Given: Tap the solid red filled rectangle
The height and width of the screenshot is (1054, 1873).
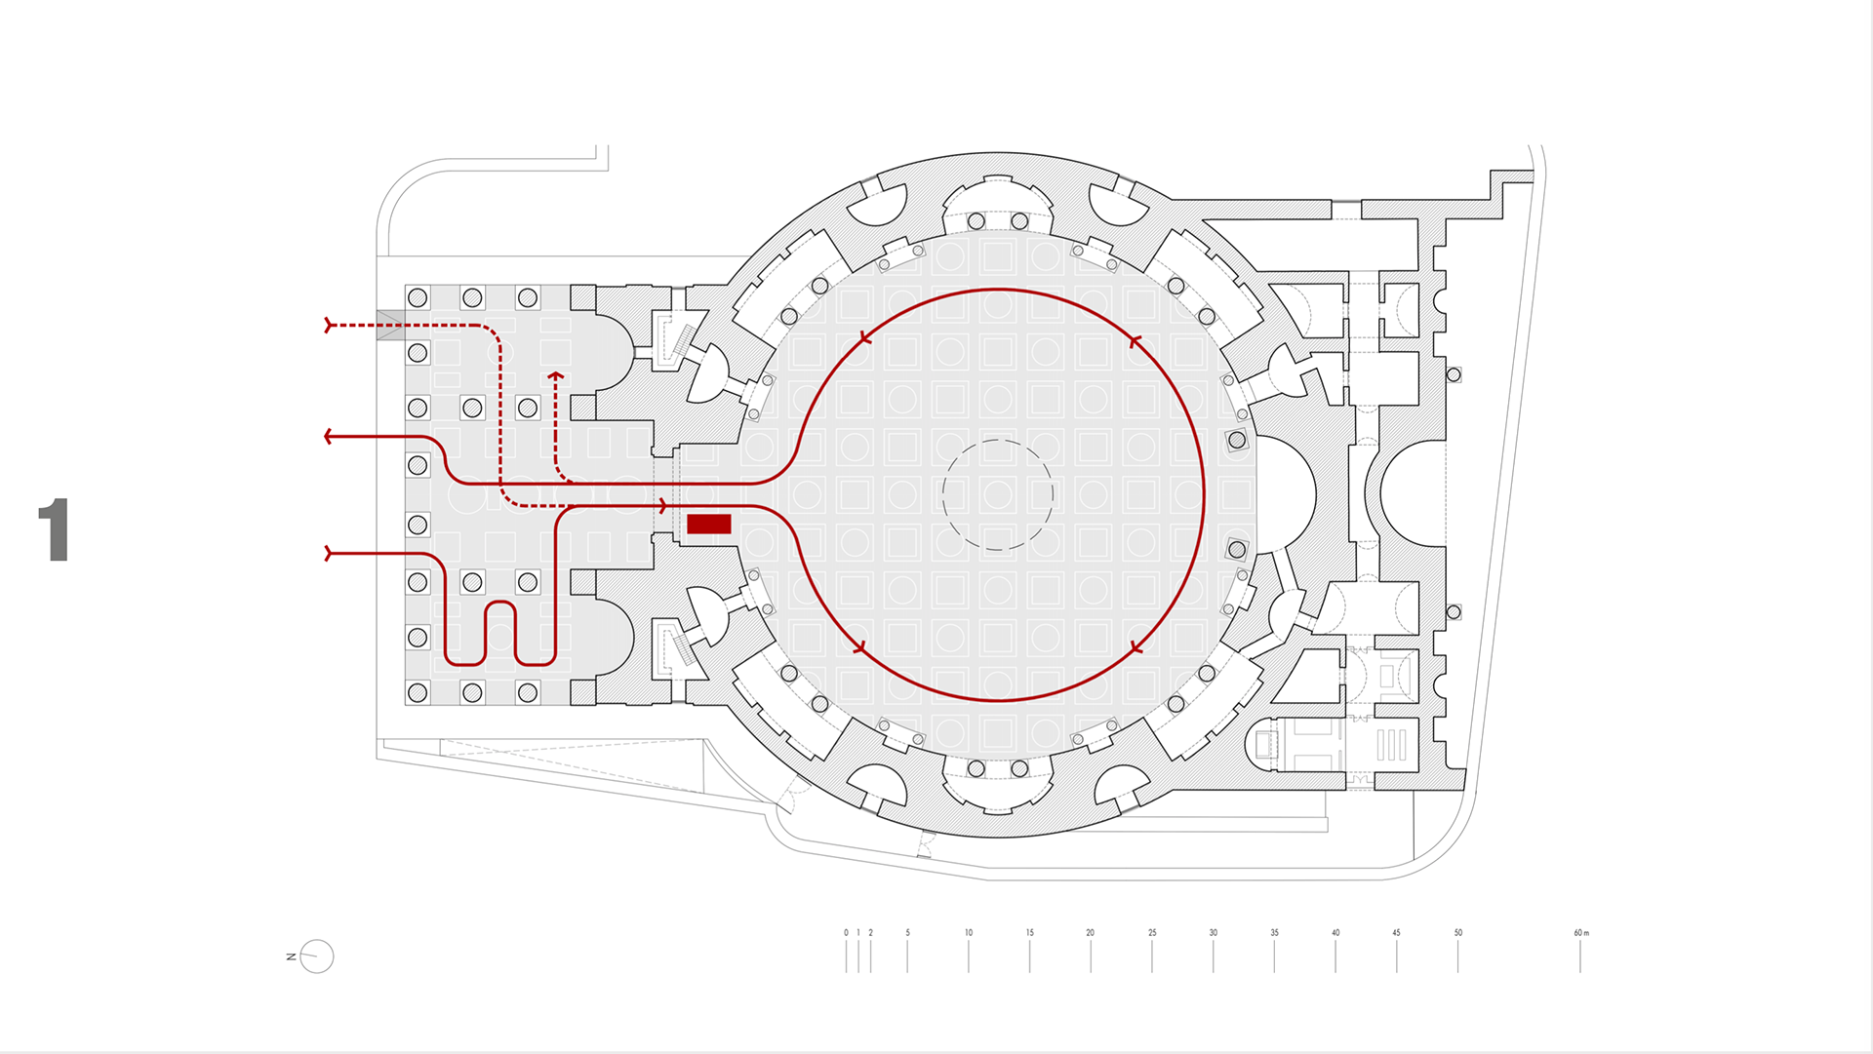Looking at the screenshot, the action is point(709,525).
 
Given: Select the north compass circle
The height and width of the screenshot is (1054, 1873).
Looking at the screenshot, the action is point(317,956).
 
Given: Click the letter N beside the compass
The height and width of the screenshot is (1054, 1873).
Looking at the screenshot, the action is point(292,956).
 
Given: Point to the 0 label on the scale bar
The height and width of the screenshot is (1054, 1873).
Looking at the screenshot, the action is point(846,933).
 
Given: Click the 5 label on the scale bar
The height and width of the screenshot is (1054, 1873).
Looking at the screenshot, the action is point(907,933).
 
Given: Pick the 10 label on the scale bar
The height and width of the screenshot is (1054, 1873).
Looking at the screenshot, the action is point(969,933).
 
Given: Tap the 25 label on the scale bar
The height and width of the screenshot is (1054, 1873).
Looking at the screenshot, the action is point(1152,933).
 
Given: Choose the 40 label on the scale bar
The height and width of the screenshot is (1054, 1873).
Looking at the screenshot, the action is point(1335,933).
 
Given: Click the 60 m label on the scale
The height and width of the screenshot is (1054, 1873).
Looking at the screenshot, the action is point(1580,933).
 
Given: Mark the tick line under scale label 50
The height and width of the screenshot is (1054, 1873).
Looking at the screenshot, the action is point(1458,957).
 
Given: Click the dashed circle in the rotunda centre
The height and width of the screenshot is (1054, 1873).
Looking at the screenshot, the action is point(998,495).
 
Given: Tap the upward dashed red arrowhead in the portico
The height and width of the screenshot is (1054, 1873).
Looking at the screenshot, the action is point(556,374).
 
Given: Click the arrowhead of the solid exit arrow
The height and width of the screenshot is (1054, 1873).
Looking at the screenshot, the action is point(329,437).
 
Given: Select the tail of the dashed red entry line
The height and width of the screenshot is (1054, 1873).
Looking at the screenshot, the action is point(330,325).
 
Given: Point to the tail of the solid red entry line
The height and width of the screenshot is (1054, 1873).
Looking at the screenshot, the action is point(330,554).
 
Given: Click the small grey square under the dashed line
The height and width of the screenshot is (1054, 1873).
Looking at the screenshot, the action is point(390,325).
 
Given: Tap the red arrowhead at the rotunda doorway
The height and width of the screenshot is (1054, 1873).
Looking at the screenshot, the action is point(663,506).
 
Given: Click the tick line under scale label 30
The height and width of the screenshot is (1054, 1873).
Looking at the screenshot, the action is point(1214,957).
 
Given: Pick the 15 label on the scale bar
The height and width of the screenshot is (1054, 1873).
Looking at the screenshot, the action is point(1029,933).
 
